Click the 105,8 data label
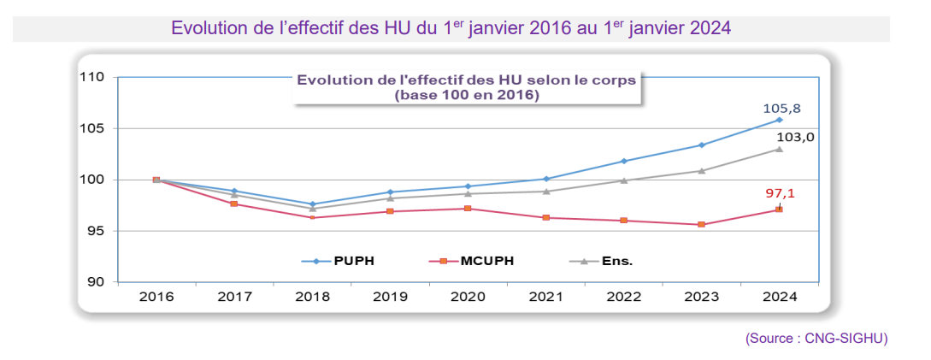coord(781,109)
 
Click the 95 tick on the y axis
coord(96,231)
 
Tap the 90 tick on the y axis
coord(96,282)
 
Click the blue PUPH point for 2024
coord(779,120)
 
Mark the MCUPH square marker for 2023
coord(701,225)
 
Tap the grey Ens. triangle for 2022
coord(623,180)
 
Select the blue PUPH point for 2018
coord(312,204)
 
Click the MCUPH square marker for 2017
coord(234,204)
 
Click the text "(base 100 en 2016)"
coord(466,95)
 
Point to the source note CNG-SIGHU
coord(816,339)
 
